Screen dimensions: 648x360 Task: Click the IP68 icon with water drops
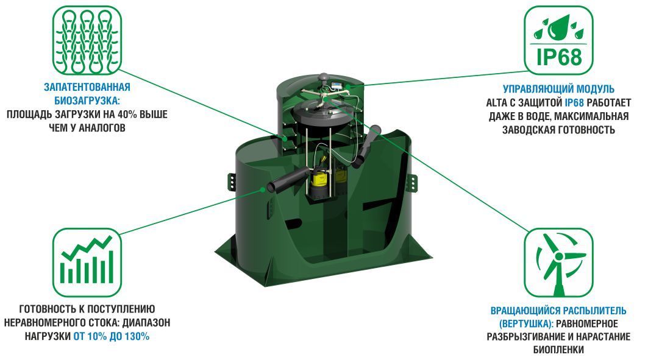pos(558,40)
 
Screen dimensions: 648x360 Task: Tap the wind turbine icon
pos(558,263)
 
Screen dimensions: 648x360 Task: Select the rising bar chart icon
pos(87,263)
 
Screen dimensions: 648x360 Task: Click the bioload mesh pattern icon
pos(87,40)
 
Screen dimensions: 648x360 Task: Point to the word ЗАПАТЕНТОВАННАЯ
pos(87,88)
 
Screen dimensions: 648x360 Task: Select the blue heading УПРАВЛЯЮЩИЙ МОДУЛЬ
pos(558,89)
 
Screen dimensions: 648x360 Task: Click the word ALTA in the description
pos(496,102)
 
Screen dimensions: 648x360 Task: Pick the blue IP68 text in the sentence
pos(574,102)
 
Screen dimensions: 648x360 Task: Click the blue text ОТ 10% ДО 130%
pos(111,336)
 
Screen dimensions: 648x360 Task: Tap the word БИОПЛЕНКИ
pos(558,350)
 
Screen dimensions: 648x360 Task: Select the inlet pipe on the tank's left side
pos(287,180)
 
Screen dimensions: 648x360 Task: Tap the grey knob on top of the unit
pos(323,77)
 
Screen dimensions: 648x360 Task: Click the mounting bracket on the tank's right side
pos(412,183)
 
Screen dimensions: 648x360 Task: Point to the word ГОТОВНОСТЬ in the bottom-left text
pos(45,309)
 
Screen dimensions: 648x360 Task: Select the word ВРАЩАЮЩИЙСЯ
pos(522,311)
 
